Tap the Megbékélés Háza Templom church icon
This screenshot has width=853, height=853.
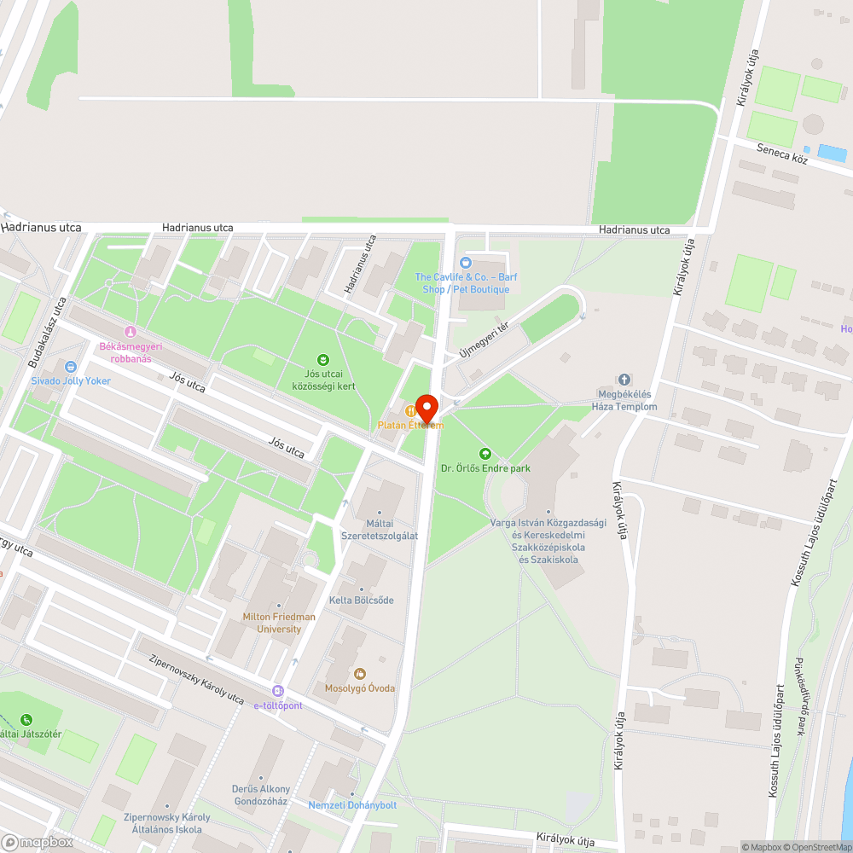click(x=624, y=380)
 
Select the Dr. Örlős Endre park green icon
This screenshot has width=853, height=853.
click(x=485, y=453)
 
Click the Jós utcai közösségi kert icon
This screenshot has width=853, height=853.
click(x=322, y=360)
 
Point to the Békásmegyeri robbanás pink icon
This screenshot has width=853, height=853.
click(x=130, y=331)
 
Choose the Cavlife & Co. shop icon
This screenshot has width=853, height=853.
click(x=465, y=263)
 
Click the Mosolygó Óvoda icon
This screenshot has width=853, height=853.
click(x=359, y=674)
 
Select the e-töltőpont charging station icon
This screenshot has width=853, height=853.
click(x=278, y=691)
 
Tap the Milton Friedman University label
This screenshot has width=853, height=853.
click(x=279, y=623)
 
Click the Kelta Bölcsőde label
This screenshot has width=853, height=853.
click(x=362, y=600)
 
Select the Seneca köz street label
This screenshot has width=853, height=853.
click(x=781, y=153)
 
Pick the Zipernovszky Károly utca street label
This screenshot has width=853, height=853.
click(x=196, y=678)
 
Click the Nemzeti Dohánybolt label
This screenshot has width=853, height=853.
click(x=352, y=805)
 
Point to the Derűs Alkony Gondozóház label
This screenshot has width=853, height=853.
click(x=261, y=795)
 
